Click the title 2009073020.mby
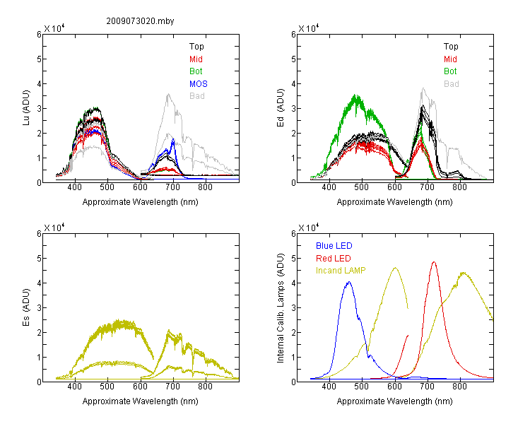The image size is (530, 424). coord(140,21)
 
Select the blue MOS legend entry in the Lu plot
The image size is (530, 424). coord(199,84)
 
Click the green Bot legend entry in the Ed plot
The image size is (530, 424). coord(450,71)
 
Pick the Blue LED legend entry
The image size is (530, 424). coord(334,246)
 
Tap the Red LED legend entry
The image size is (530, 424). coord(334,259)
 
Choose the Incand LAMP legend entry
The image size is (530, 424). coord(341,271)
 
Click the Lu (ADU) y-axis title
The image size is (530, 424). coord(26,108)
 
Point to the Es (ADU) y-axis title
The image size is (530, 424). coord(26,307)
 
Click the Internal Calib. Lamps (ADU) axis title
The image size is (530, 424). coord(281,308)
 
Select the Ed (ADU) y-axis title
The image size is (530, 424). coord(281,108)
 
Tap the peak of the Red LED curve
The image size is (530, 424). coord(434,261)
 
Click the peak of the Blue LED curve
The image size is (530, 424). coord(349,282)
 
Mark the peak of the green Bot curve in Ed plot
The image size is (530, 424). coord(355,95)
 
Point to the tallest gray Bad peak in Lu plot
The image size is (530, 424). coord(168,94)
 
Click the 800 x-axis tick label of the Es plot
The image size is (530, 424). coord(205,387)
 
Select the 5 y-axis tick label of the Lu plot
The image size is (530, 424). coord(39,59)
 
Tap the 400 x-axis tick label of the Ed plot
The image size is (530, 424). coord(329,187)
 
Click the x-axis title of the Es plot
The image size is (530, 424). coord(141,401)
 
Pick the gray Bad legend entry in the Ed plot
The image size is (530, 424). coord(452,84)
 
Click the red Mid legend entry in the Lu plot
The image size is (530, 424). coord(196,59)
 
